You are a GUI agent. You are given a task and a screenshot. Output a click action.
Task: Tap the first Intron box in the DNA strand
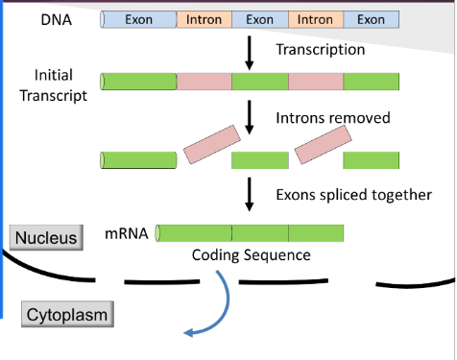[x=204, y=19]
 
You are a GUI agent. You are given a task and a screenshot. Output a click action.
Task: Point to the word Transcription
[x=320, y=48]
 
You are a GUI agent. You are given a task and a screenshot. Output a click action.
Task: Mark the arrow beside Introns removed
[x=250, y=118]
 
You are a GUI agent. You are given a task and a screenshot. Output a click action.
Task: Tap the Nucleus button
[x=44, y=237]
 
